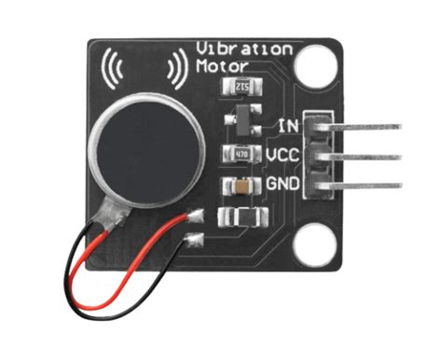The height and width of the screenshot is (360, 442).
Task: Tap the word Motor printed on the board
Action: coord(223,66)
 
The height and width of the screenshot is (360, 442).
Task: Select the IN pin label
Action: coord(287,125)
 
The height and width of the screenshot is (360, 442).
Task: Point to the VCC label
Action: coord(282,153)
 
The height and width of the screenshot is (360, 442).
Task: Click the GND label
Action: coord(282,184)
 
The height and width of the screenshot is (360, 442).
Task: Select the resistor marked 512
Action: coord(241,89)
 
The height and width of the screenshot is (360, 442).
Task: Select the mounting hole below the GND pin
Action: coord(311,248)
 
